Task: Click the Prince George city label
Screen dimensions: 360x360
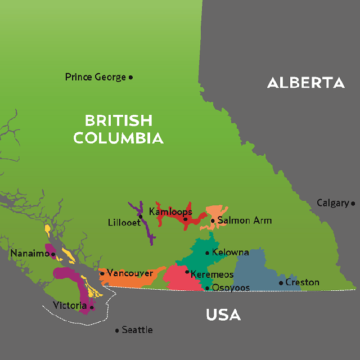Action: pyautogui.click(x=95, y=77)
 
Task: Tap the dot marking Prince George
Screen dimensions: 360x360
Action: pyautogui.click(x=130, y=77)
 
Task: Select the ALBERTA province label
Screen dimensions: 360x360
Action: pyautogui.click(x=305, y=83)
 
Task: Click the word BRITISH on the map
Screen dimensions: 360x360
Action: pyautogui.click(x=118, y=120)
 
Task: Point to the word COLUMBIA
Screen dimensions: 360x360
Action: pyautogui.click(x=118, y=138)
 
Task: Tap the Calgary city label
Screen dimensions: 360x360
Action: pyautogui.click(x=332, y=203)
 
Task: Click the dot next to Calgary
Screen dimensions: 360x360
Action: pyautogui.click(x=353, y=203)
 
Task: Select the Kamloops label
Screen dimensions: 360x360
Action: pyautogui.click(x=170, y=212)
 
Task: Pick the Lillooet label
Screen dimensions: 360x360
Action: pyautogui.click(x=124, y=223)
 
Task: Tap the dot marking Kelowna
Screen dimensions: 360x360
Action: pyautogui.click(x=207, y=253)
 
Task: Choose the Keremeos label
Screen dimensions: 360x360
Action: pyautogui.click(x=212, y=274)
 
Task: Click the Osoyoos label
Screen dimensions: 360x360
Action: pyautogui.click(x=230, y=288)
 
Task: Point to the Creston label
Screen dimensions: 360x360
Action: pyautogui.click(x=302, y=282)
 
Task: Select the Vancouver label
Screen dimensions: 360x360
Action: pyautogui.click(x=129, y=273)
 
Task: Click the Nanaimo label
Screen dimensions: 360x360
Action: pyautogui.click(x=30, y=254)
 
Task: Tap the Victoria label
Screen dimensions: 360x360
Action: pyautogui.click(x=70, y=305)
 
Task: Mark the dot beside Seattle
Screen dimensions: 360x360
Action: pyautogui.click(x=117, y=330)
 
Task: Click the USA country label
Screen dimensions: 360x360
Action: pyautogui.click(x=223, y=315)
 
